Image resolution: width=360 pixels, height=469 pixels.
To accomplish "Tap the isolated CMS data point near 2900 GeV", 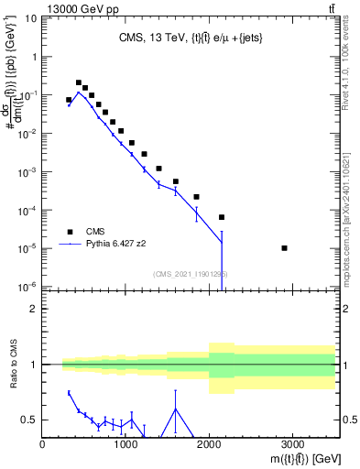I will click(285, 248).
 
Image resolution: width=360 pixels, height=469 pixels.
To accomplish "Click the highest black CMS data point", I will click(79, 82).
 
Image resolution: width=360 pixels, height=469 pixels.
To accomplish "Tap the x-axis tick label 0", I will click(43, 445).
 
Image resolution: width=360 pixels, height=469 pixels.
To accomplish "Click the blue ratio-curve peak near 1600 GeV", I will click(176, 409).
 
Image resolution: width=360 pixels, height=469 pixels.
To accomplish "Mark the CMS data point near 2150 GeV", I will click(222, 217).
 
